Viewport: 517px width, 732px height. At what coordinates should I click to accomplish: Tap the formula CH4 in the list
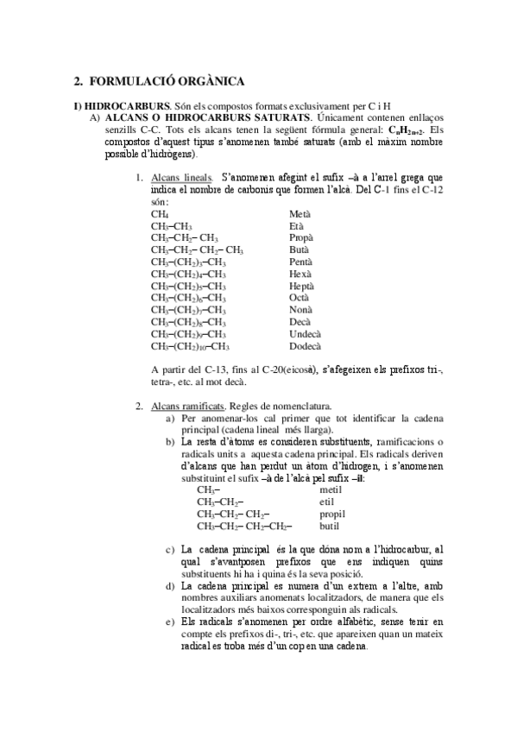(160, 213)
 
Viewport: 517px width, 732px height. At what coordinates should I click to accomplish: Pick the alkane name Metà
(300, 213)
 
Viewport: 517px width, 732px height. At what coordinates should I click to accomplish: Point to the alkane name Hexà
(300, 274)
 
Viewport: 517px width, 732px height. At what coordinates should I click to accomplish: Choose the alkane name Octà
(299, 298)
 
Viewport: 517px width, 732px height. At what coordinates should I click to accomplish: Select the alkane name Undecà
(305, 334)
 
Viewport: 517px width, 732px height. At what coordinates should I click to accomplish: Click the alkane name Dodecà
(305, 346)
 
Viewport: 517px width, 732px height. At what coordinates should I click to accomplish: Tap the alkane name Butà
(299, 249)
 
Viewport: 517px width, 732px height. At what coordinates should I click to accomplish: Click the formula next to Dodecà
(191, 346)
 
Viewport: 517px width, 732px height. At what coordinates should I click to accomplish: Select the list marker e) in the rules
(169, 622)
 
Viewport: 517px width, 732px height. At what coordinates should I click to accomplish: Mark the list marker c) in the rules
(169, 549)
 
